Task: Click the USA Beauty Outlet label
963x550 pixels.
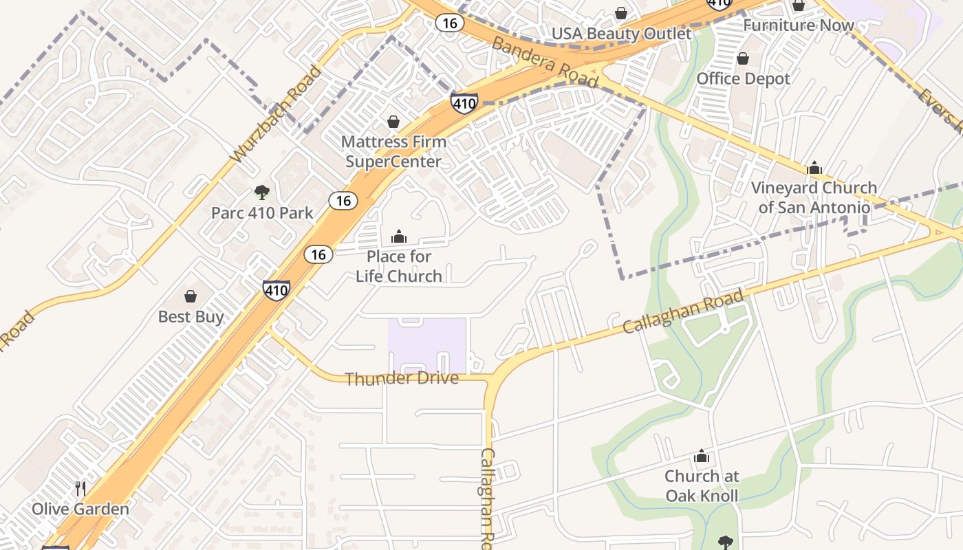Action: pos(621,34)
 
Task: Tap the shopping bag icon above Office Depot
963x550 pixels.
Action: pos(743,59)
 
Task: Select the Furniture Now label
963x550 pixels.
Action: pos(798,25)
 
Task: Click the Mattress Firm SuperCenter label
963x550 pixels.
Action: pos(393,151)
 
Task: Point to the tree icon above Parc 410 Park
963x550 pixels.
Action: pos(261,192)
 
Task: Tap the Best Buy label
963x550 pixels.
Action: pos(191,316)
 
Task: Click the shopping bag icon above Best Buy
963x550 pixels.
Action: pos(191,296)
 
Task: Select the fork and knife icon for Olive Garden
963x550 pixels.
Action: pos(80,489)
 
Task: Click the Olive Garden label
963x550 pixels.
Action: pos(80,509)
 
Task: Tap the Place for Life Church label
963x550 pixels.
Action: pos(399,266)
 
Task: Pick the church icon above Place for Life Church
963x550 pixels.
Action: pos(399,237)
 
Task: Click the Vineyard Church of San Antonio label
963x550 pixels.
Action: pos(814,197)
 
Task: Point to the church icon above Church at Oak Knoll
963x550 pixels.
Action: pos(702,456)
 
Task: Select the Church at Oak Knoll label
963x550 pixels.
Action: pos(702,485)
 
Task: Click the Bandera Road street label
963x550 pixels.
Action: pos(544,63)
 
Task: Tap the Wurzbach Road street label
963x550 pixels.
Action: pos(276,115)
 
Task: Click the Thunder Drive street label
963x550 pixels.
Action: pos(402,378)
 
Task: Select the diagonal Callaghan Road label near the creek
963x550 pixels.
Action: pos(683,311)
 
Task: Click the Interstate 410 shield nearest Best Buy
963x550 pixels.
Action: pos(276,290)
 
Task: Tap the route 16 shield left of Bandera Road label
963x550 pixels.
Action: pos(449,23)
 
